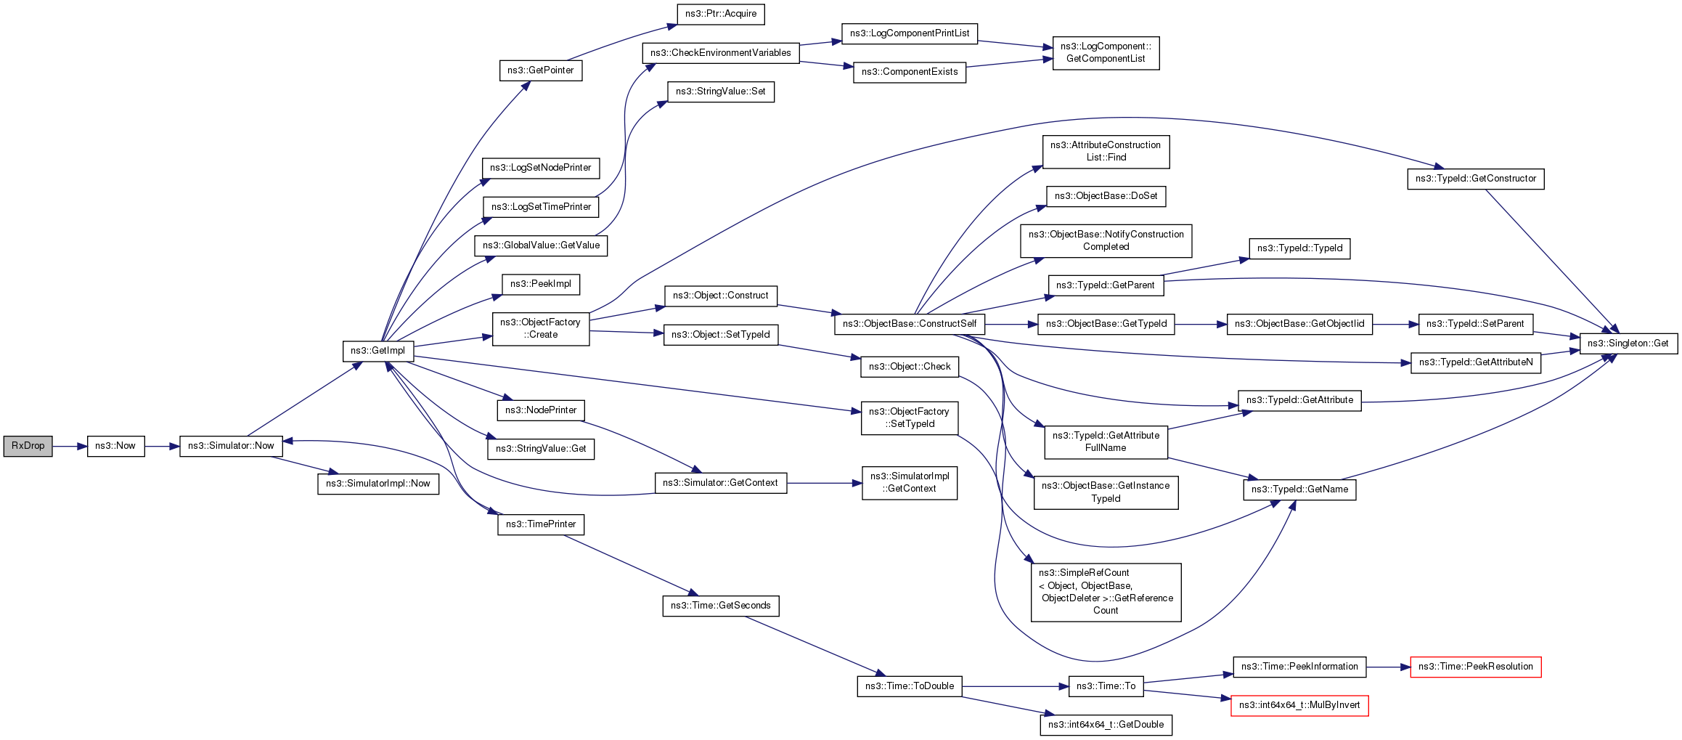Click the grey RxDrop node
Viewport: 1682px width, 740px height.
pos(28,446)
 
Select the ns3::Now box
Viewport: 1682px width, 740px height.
pos(115,446)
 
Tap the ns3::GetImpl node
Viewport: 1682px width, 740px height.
pos(378,351)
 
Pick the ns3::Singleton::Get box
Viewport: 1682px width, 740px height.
pos(1628,343)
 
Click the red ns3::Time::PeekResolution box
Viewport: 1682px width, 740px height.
pos(1475,667)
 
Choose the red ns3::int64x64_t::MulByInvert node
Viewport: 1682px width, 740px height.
pos(1299,705)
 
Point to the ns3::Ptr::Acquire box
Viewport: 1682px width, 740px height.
pos(721,14)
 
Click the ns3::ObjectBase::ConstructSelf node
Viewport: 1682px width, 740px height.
pos(910,324)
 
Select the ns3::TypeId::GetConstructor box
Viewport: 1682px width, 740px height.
pos(1476,179)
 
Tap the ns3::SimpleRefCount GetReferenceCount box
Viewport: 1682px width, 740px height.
pos(1106,592)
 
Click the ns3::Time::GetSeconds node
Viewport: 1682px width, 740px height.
pos(721,606)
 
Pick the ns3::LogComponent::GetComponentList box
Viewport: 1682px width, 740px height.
pos(1106,53)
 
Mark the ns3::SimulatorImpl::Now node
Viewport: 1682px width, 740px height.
pos(378,484)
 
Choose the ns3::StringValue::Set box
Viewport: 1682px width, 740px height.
pos(721,92)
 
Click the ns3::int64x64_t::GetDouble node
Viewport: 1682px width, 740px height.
pos(1106,725)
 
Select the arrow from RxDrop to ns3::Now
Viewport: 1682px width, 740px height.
pos(70,447)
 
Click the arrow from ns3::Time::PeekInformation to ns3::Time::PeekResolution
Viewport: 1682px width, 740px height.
pos(1388,667)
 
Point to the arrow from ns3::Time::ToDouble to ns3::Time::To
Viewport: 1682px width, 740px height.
pos(1016,686)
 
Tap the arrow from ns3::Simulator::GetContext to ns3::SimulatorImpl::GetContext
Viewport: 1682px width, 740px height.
pos(825,483)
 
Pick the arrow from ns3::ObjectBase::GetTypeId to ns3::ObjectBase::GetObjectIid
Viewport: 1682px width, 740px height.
pos(1201,324)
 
